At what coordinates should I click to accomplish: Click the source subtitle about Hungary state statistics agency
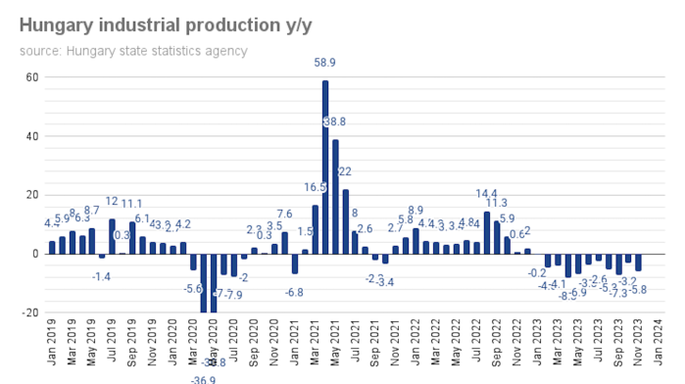click(x=133, y=51)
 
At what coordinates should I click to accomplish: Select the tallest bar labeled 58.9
click(x=324, y=167)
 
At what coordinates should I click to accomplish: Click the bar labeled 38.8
click(x=335, y=196)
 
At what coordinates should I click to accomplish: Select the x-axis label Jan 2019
click(x=52, y=347)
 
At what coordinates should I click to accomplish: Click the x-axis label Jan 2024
click(x=670, y=347)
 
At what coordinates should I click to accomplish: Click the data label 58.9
click(x=325, y=63)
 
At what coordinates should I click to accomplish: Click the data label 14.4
click(x=487, y=193)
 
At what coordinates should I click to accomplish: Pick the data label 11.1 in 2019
click(x=132, y=204)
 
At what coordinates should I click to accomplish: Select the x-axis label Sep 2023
click(x=619, y=347)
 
